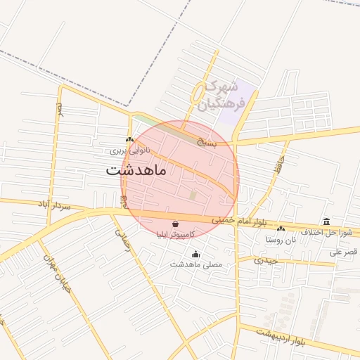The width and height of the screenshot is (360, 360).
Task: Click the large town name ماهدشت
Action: [x=136, y=170]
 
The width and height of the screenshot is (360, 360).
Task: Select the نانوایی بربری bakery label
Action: [x=129, y=150]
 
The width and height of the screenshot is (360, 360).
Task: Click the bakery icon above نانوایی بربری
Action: [x=129, y=140]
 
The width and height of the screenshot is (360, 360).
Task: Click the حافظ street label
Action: [x=279, y=167]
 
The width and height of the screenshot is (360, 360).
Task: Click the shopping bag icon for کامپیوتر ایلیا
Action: [x=174, y=224]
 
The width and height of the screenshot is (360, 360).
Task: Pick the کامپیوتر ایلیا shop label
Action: [x=175, y=235]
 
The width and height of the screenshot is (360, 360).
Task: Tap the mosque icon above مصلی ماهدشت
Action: [x=195, y=255]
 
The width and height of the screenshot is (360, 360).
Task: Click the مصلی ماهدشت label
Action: [x=196, y=265]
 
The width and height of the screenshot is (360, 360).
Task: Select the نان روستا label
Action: [x=281, y=239]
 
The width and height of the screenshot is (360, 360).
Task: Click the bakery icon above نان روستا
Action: [x=281, y=229]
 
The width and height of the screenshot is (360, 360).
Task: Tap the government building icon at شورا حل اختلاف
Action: [x=326, y=221]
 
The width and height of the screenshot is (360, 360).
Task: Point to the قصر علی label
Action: [x=345, y=252]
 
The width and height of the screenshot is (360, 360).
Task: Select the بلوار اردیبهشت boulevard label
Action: [x=281, y=335]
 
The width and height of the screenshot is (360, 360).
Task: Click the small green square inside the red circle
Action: [x=193, y=195]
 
